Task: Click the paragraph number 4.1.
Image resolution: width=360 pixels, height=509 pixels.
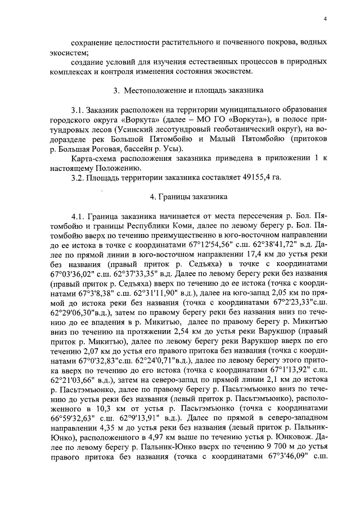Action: coord(78,217)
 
